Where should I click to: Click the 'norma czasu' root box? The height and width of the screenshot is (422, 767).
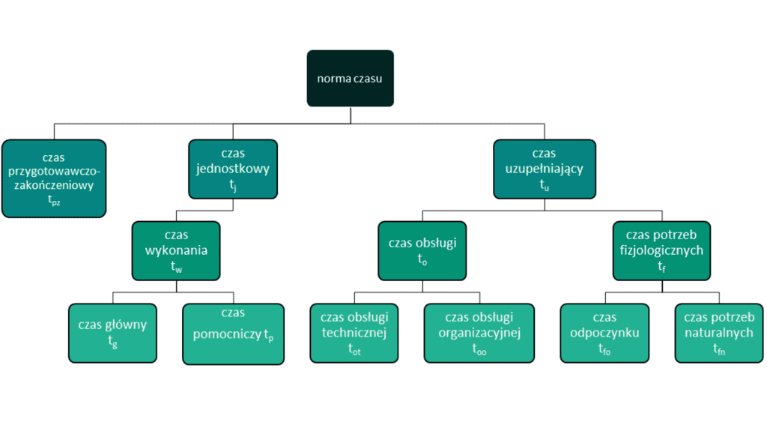[x=350, y=77]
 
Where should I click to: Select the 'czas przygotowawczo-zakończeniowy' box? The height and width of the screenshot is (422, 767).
[x=54, y=178]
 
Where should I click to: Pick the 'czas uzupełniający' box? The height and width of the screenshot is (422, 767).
[x=539, y=169]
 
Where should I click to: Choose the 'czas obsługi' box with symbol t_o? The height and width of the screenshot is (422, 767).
[x=422, y=250]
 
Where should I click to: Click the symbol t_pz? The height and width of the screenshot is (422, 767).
[x=54, y=201]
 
